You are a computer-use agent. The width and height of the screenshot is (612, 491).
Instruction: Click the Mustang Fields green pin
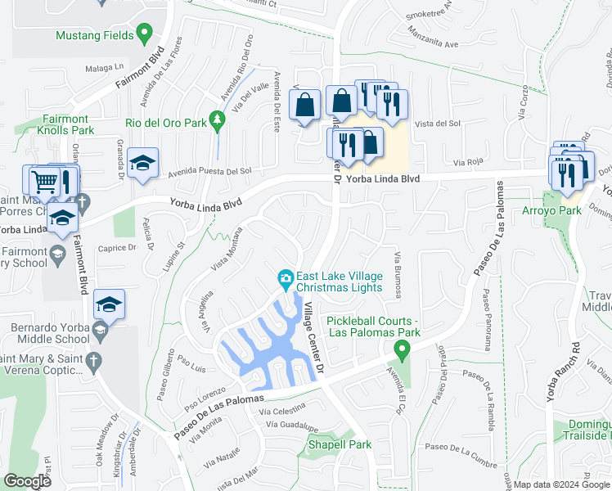145,34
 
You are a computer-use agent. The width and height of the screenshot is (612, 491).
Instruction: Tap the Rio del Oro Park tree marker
217,119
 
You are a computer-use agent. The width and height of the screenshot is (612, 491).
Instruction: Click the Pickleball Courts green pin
401,350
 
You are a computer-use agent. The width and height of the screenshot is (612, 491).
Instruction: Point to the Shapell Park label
340,444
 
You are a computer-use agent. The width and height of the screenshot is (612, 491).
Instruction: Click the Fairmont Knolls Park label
66,124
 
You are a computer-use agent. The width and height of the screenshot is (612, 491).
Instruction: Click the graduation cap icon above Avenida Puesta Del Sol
142,163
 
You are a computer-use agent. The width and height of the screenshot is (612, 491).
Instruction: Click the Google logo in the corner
27,481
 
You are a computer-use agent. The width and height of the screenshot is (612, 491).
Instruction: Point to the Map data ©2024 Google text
561,484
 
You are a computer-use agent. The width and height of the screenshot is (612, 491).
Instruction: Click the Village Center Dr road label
313,337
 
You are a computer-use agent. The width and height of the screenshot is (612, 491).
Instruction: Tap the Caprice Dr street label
117,247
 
